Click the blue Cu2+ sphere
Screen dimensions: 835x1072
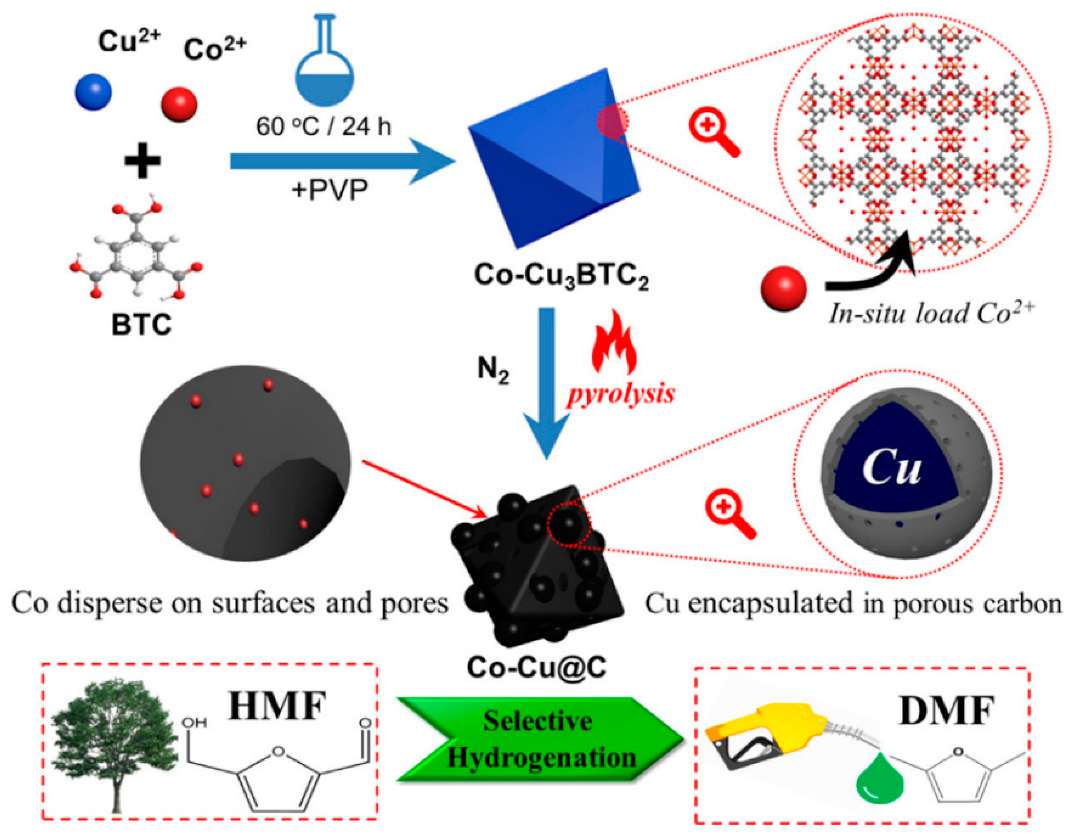(x=93, y=92)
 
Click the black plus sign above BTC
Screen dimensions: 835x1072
(x=142, y=160)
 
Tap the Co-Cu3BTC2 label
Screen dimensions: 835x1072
(x=561, y=275)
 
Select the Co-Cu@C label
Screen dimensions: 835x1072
(x=536, y=667)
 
